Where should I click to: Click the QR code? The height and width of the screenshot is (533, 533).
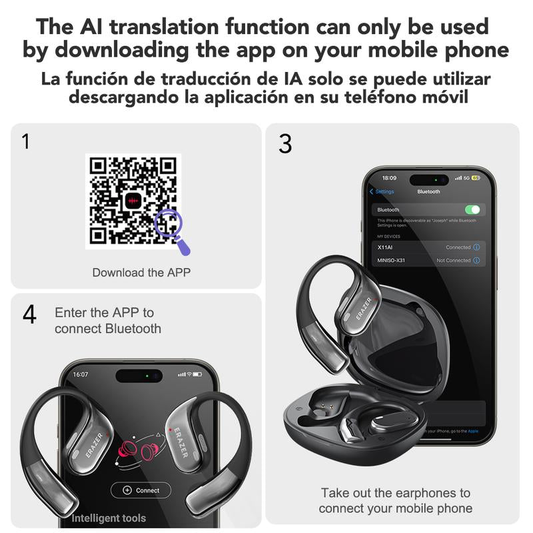(x=133, y=201)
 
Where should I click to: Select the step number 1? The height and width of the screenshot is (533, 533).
(x=26, y=142)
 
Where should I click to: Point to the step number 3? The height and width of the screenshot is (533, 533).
(x=285, y=144)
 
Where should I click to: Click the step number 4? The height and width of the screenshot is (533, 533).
(x=29, y=314)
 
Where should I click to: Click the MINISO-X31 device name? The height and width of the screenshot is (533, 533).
(x=391, y=261)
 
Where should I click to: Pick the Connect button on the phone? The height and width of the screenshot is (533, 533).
(x=141, y=490)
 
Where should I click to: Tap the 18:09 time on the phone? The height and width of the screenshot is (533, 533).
(x=389, y=179)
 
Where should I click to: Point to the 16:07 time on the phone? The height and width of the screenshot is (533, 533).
(x=81, y=374)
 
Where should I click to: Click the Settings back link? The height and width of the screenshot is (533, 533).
(x=382, y=192)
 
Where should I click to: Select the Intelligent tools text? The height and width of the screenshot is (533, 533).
(x=109, y=518)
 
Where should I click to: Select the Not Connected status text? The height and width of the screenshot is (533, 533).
(x=453, y=261)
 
